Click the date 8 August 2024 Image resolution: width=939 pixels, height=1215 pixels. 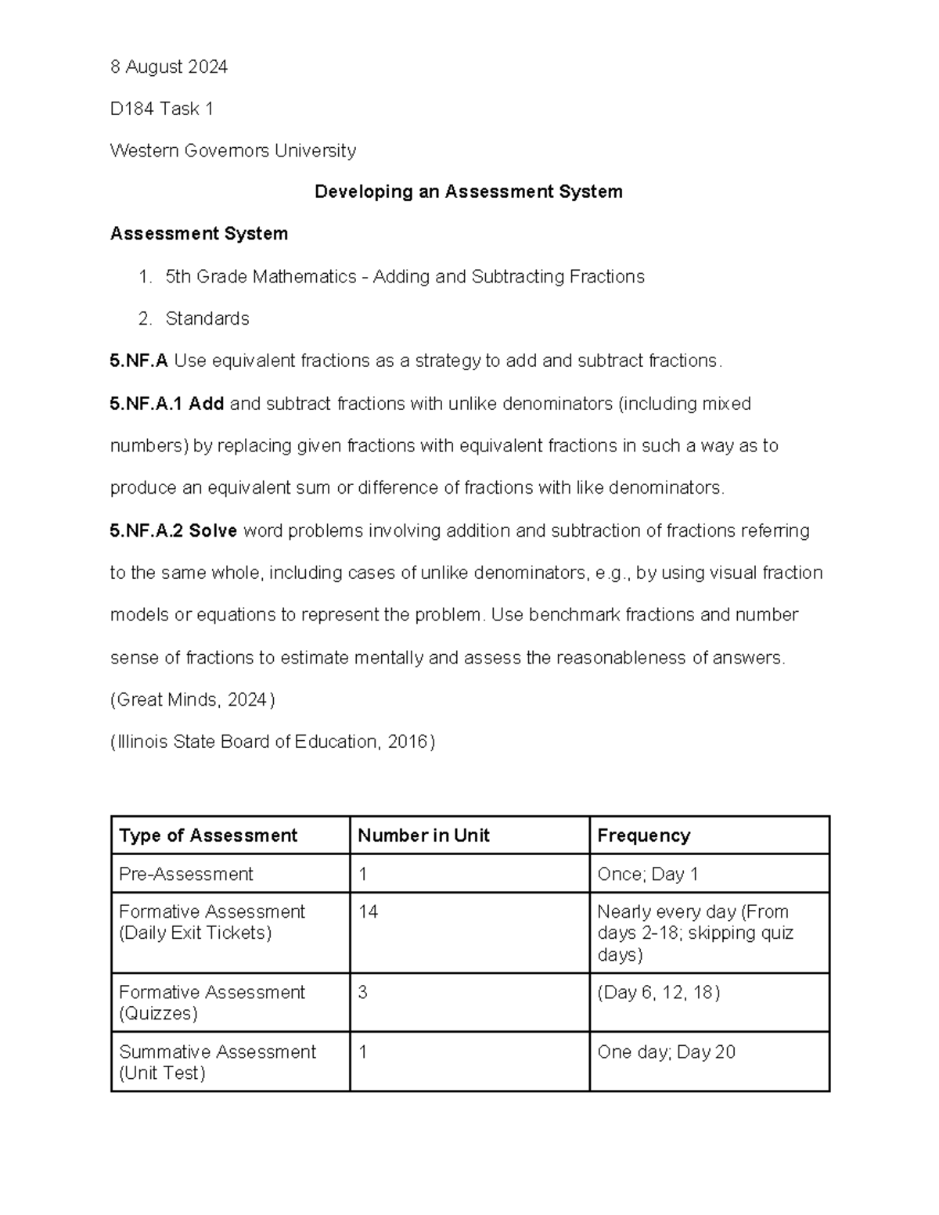point(168,67)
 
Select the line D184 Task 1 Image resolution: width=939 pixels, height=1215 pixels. point(161,109)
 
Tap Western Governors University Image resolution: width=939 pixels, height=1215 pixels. point(232,150)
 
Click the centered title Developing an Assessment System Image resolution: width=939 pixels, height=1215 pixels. point(468,192)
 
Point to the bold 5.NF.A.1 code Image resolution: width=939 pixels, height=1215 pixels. point(146,404)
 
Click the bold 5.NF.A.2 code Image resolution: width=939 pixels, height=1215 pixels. point(146,530)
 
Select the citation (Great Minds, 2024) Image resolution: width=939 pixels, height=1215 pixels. point(192,699)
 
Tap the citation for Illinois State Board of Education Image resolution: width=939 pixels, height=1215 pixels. point(272,742)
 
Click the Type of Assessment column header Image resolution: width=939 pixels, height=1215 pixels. point(208,836)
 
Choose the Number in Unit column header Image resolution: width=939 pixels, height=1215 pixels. point(423,836)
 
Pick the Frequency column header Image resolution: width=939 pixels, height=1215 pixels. point(643,836)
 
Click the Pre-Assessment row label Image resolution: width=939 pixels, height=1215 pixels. point(186,874)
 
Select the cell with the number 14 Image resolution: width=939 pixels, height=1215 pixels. point(368,911)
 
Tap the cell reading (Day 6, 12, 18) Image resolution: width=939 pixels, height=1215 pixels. point(658,992)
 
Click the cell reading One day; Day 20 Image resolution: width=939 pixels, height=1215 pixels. point(666,1051)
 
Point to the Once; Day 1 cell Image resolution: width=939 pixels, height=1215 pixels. point(647,874)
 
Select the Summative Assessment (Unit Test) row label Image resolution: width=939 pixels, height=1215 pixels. point(217,1062)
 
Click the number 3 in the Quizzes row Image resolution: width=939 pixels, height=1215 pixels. point(362,992)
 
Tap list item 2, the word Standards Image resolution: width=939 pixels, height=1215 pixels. point(207,318)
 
